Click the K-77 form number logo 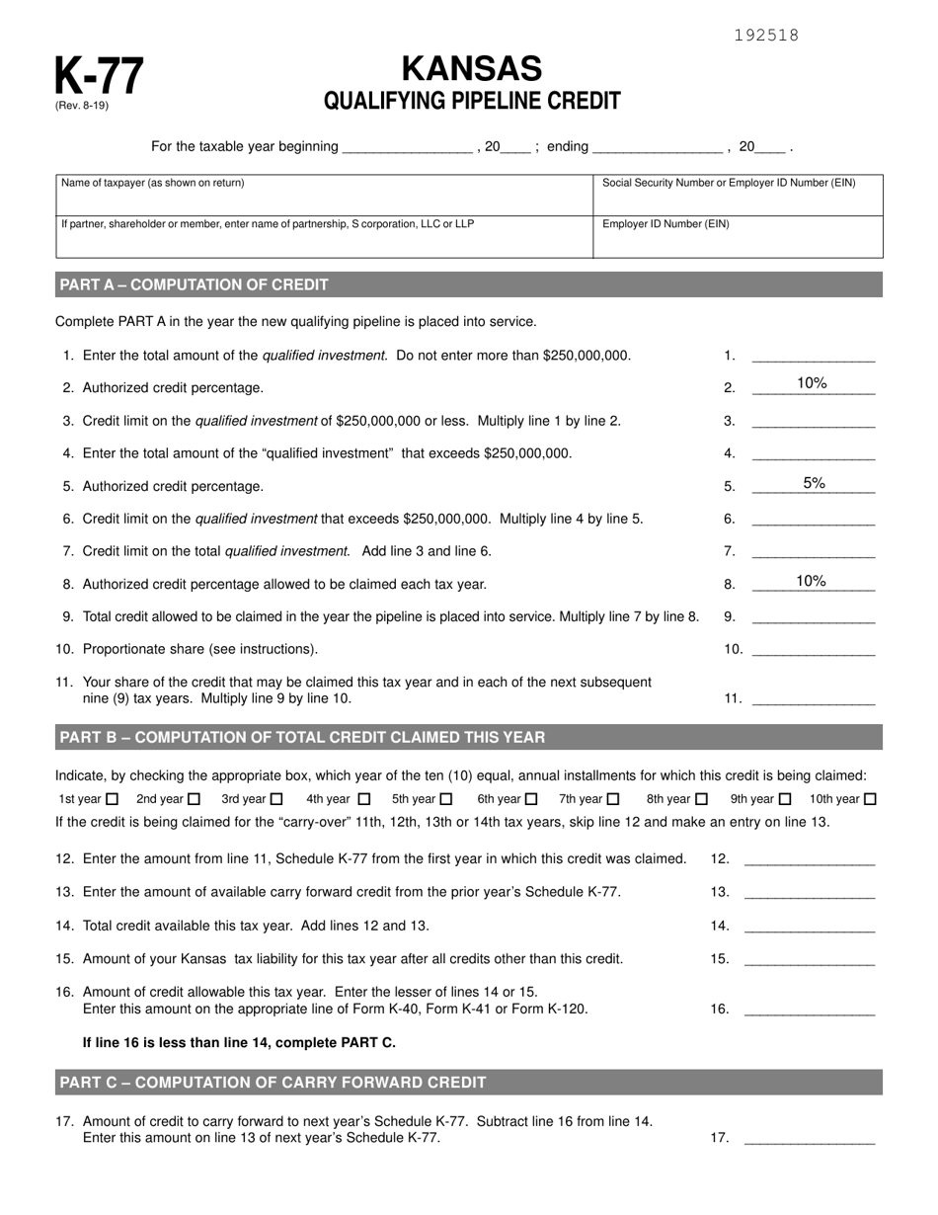99,75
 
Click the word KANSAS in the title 472,68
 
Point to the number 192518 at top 766,36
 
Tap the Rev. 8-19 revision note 82,106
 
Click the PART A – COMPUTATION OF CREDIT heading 195,284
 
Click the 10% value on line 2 812,384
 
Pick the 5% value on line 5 814,483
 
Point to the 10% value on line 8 811,581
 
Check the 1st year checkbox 112,799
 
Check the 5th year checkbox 446,799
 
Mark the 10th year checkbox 870,799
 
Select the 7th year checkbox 613,799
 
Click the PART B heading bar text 302,737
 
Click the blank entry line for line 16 809,1010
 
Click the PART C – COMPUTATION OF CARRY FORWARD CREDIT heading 274,1082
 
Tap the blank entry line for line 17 809,1138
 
